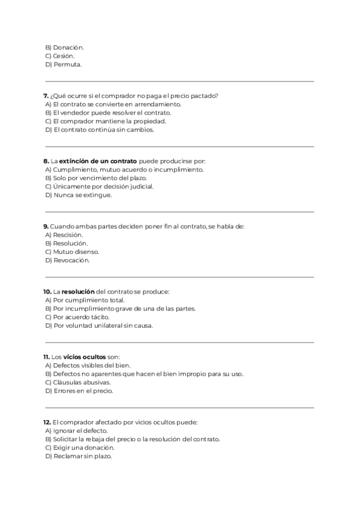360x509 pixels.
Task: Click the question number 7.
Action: pos(47,95)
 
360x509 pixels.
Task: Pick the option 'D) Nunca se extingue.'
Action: pos(79,194)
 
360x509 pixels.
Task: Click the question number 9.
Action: pos(46,226)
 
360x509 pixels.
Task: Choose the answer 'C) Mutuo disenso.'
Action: pos(73,251)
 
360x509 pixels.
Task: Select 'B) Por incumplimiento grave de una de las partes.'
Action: pos(121,309)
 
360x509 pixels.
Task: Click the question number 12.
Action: pos(47,422)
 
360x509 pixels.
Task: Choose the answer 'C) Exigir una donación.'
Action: pos(80,447)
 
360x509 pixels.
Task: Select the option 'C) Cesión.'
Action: pos(59,56)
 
